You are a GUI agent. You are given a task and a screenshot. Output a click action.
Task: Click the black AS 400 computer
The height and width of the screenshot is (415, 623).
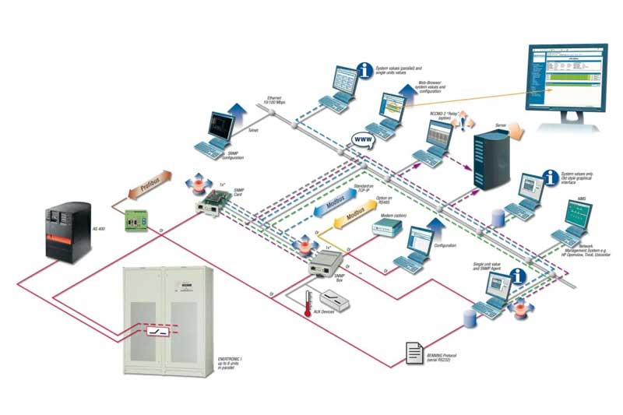tap(65, 233)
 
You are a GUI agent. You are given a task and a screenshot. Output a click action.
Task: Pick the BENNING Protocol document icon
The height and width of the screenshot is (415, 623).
tap(416, 353)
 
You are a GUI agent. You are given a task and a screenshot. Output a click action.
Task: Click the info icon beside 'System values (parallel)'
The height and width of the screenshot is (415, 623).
tap(364, 72)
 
